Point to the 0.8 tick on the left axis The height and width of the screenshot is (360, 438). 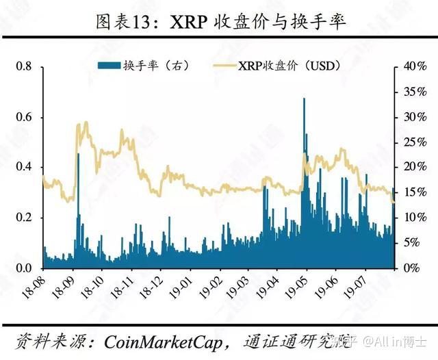25,66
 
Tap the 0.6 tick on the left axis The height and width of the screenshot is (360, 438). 25,117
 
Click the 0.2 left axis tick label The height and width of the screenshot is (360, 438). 25,218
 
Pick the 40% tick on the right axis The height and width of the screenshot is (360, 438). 415,66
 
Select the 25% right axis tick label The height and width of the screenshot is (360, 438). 415,142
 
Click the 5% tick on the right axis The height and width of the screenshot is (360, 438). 413,243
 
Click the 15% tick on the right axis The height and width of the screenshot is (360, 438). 415,192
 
